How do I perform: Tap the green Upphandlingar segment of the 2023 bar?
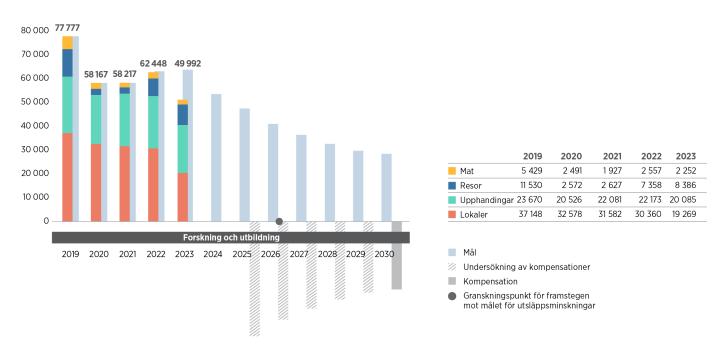pos(182,148)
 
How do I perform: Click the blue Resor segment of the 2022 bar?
pos(153,87)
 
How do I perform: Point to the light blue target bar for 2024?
pos(216,157)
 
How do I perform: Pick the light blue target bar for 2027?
pos(301,178)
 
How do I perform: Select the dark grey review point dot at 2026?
pos(279,221)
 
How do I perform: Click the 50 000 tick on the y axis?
pos(35,101)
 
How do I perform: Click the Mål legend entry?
pos(468,253)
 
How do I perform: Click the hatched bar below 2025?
pos(254,279)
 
